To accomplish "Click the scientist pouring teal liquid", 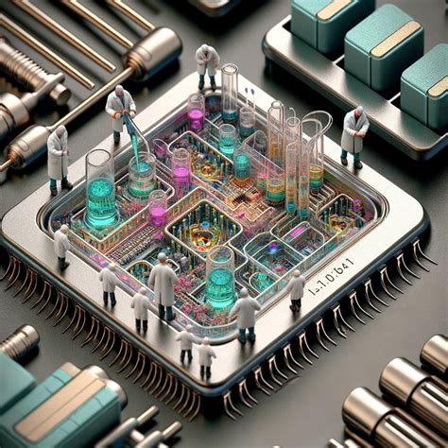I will pos(120,111).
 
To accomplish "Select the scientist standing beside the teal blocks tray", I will pos(355,134).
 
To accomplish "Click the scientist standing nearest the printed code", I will pos(296,289).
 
